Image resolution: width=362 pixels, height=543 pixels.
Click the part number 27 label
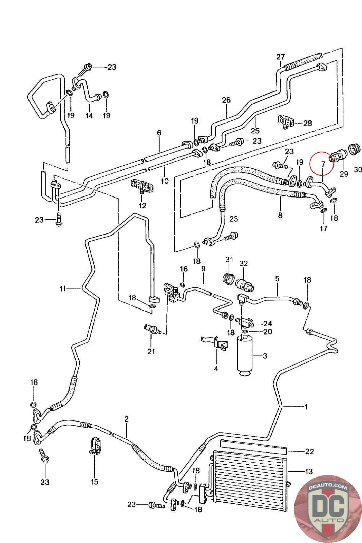coord(281,57)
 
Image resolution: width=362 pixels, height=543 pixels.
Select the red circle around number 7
coord(322,163)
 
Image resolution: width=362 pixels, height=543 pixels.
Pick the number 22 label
coord(309,451)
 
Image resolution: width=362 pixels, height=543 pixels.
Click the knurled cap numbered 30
coord(355,150)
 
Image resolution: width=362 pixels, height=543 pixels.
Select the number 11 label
coord(63,289)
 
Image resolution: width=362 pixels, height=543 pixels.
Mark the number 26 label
coord(226,100)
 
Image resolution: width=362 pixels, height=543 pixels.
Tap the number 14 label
coord(89,116)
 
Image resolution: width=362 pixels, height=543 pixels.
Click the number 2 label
coord(126,419)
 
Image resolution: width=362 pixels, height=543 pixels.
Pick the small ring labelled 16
coord(183,284)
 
